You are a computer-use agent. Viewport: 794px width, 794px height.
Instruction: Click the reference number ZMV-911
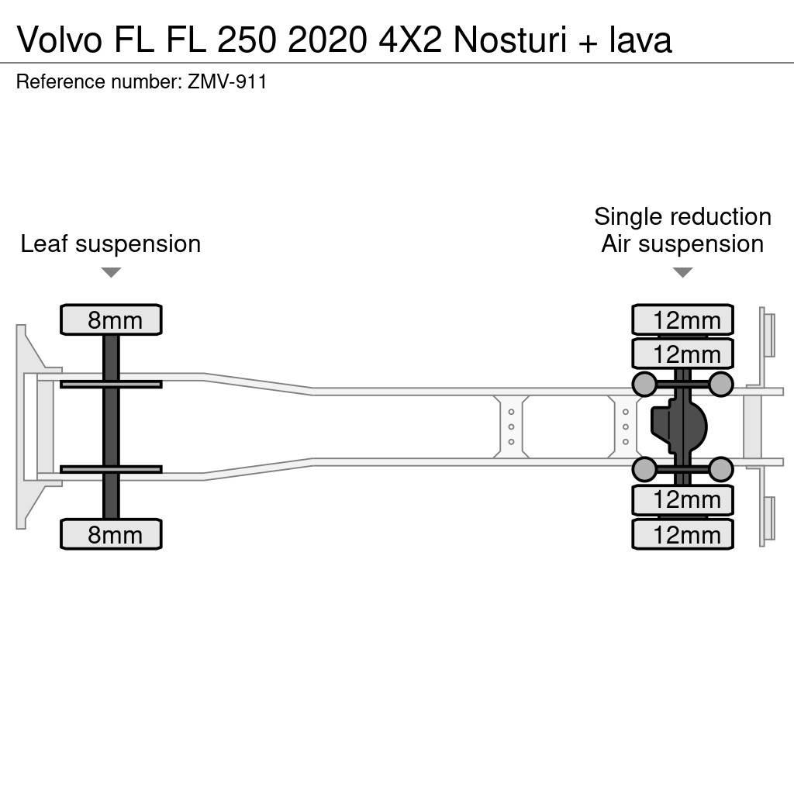(x=227, y=82)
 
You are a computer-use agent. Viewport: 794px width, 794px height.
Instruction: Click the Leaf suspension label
(x=111, y=244)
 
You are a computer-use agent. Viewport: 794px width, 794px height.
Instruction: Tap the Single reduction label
(x=682, y=216)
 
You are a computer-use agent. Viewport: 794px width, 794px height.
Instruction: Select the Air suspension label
(x=682, y=244)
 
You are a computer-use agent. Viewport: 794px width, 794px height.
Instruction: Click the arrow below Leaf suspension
(x=111, y=272)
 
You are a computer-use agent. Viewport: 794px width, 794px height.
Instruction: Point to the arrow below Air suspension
(x=682, y=272)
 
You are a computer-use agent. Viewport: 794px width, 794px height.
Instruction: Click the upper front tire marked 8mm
(x=111, y=319)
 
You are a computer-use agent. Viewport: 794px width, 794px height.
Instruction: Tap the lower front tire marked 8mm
(x=111, y=534)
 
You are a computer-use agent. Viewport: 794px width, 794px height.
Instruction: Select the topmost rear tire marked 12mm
(x=682, y=319)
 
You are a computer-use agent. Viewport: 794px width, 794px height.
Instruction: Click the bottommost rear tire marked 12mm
(x=682, y=534)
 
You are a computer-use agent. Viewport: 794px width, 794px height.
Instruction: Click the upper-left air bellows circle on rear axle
(x=644, y=383)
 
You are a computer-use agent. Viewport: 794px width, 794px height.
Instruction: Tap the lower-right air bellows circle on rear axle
(x=721, y=468)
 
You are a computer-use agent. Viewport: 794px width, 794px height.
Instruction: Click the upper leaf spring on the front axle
(x=111, y=384)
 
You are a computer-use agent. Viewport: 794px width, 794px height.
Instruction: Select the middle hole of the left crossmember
(x=512, y=426)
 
